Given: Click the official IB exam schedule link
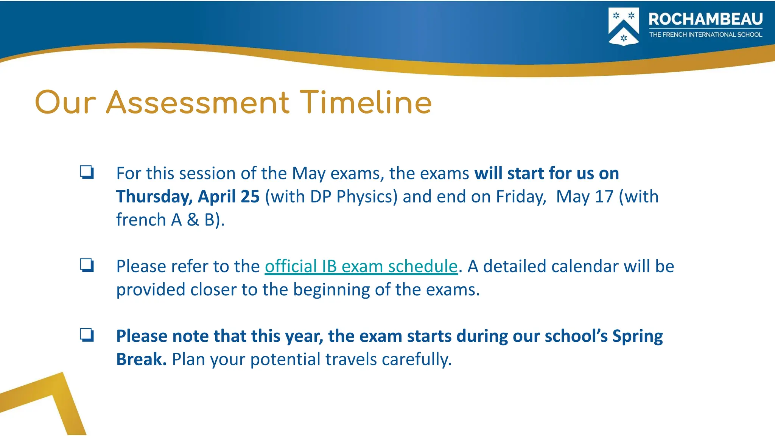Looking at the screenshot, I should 361,266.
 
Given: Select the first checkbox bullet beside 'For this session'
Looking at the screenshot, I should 87,173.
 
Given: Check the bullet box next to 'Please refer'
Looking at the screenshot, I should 87,265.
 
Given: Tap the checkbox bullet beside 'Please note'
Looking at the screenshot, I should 87,335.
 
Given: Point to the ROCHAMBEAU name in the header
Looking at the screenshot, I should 705,19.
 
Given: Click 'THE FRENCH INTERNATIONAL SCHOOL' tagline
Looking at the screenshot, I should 705,35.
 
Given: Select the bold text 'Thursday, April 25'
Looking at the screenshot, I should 188,196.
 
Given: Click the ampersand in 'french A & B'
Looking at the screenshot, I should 193,220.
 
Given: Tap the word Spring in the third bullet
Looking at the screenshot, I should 637,336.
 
